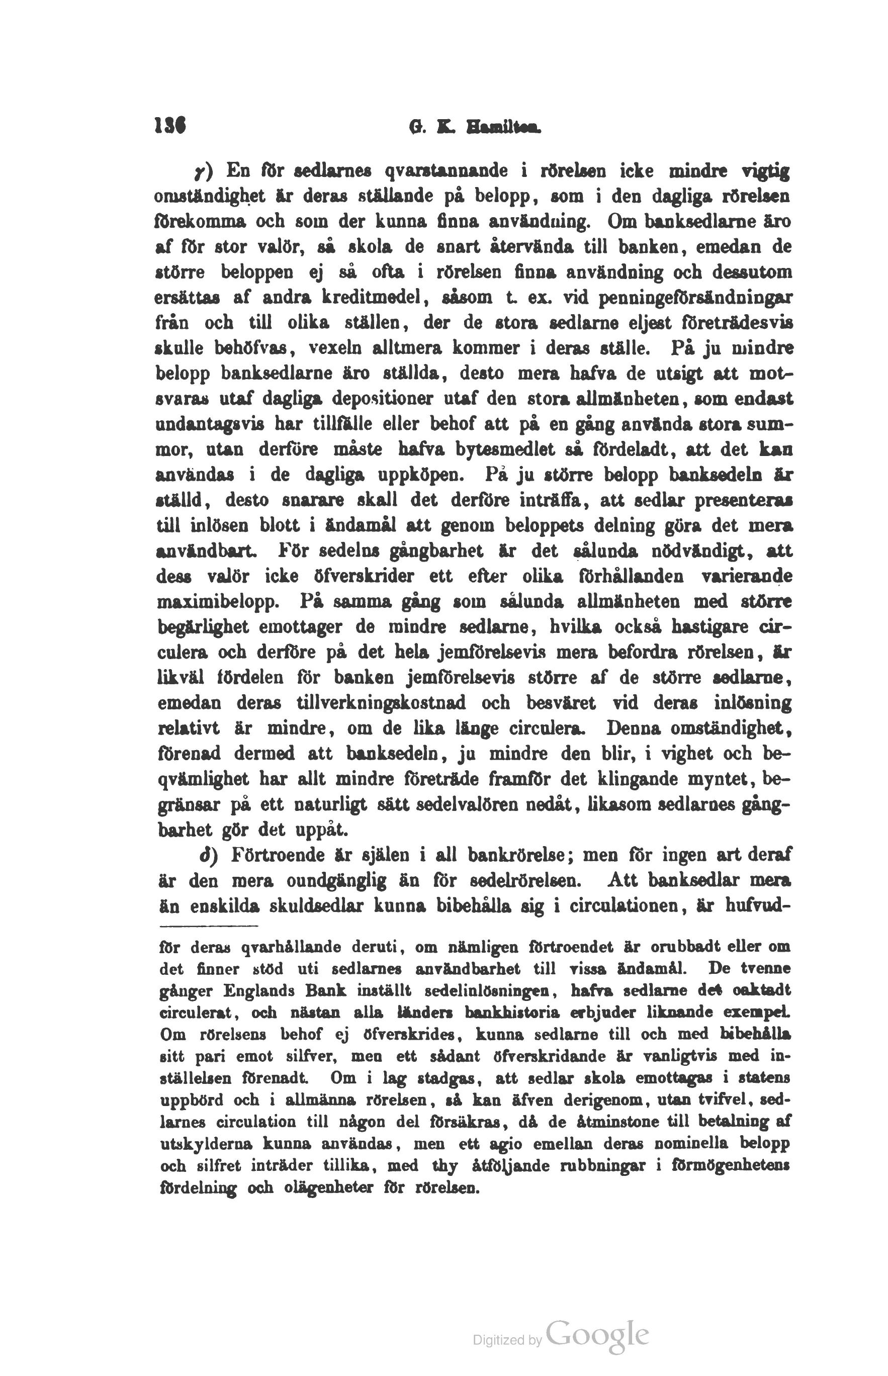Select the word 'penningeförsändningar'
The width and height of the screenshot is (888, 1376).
click(x=696, y=298)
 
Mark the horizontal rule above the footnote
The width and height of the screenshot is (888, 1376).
click(x=208, y=927)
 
